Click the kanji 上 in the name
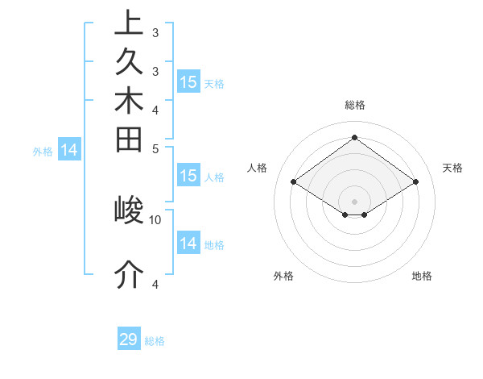tap(129, 23)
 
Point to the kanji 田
tap(129, 138)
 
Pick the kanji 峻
tap(129, 211)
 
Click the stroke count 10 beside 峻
tap(155, 219)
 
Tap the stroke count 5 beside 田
tap(155, 148)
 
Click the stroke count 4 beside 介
tap(155, 284)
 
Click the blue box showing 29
tap(129, 339)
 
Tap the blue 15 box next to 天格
tap(188, 82)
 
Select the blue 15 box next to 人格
tap(188, 176)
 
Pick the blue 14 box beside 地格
tap(188, 244)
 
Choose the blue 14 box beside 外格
tap(69, 149)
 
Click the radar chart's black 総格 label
tap(354, 105)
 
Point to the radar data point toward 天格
tap(415, 182)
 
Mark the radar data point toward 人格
tap(293, 182)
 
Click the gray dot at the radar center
tap(354, 201)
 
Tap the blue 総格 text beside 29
tap(155, 341)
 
